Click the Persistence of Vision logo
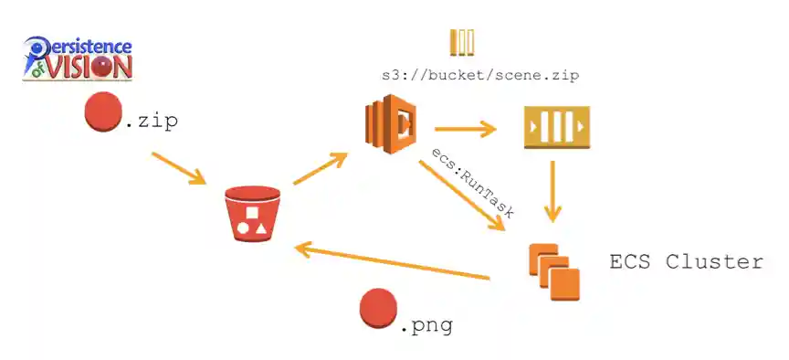pos(78,58)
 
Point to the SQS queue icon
pos(555,127)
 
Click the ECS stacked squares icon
pos(554,270)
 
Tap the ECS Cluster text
pos(686,262)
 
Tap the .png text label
pos(426,323)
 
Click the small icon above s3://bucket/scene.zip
pos(462,43)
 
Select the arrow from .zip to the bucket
pos(179,169)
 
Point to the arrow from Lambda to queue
pos(465,129)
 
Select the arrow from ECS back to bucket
pos(393,260)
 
